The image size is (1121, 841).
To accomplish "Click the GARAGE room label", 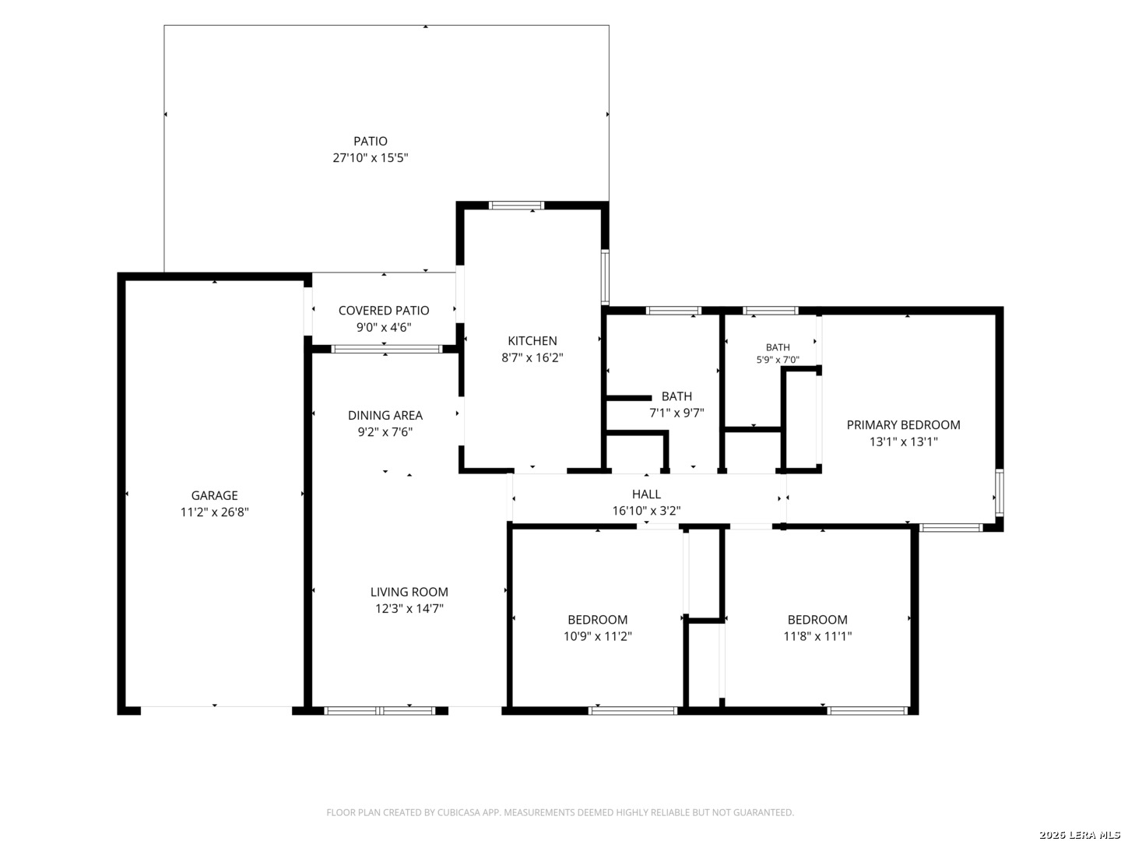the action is point(215,495).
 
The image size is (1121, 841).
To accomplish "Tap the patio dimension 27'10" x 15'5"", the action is point(371,158).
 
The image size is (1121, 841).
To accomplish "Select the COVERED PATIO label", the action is point(384,311).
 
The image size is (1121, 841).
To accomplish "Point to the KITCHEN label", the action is point(532,340).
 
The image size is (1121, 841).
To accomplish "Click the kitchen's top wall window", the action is point(516,206).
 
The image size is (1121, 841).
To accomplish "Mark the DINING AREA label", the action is point(385,415).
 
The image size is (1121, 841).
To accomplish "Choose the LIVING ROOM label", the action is point(409,592).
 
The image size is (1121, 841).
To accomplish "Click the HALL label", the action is point(646,494).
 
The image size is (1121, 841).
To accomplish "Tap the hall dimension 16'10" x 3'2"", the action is point(646,511).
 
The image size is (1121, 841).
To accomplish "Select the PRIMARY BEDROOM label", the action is point(903,425).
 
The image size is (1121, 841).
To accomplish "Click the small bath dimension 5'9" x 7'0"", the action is point(777,360).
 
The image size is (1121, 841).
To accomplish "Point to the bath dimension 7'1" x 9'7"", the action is point(676,413).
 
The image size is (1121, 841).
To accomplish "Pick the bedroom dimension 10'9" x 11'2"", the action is point(598,636).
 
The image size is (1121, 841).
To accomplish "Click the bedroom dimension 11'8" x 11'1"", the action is point(817,636).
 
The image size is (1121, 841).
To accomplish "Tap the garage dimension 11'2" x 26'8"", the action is point(215,512).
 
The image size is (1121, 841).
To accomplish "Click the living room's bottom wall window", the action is point(379,711).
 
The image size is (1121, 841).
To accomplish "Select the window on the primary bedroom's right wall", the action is point(1000,493).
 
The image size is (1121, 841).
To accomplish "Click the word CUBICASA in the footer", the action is point(456,812).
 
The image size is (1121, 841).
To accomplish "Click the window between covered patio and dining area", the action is point(387,350).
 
